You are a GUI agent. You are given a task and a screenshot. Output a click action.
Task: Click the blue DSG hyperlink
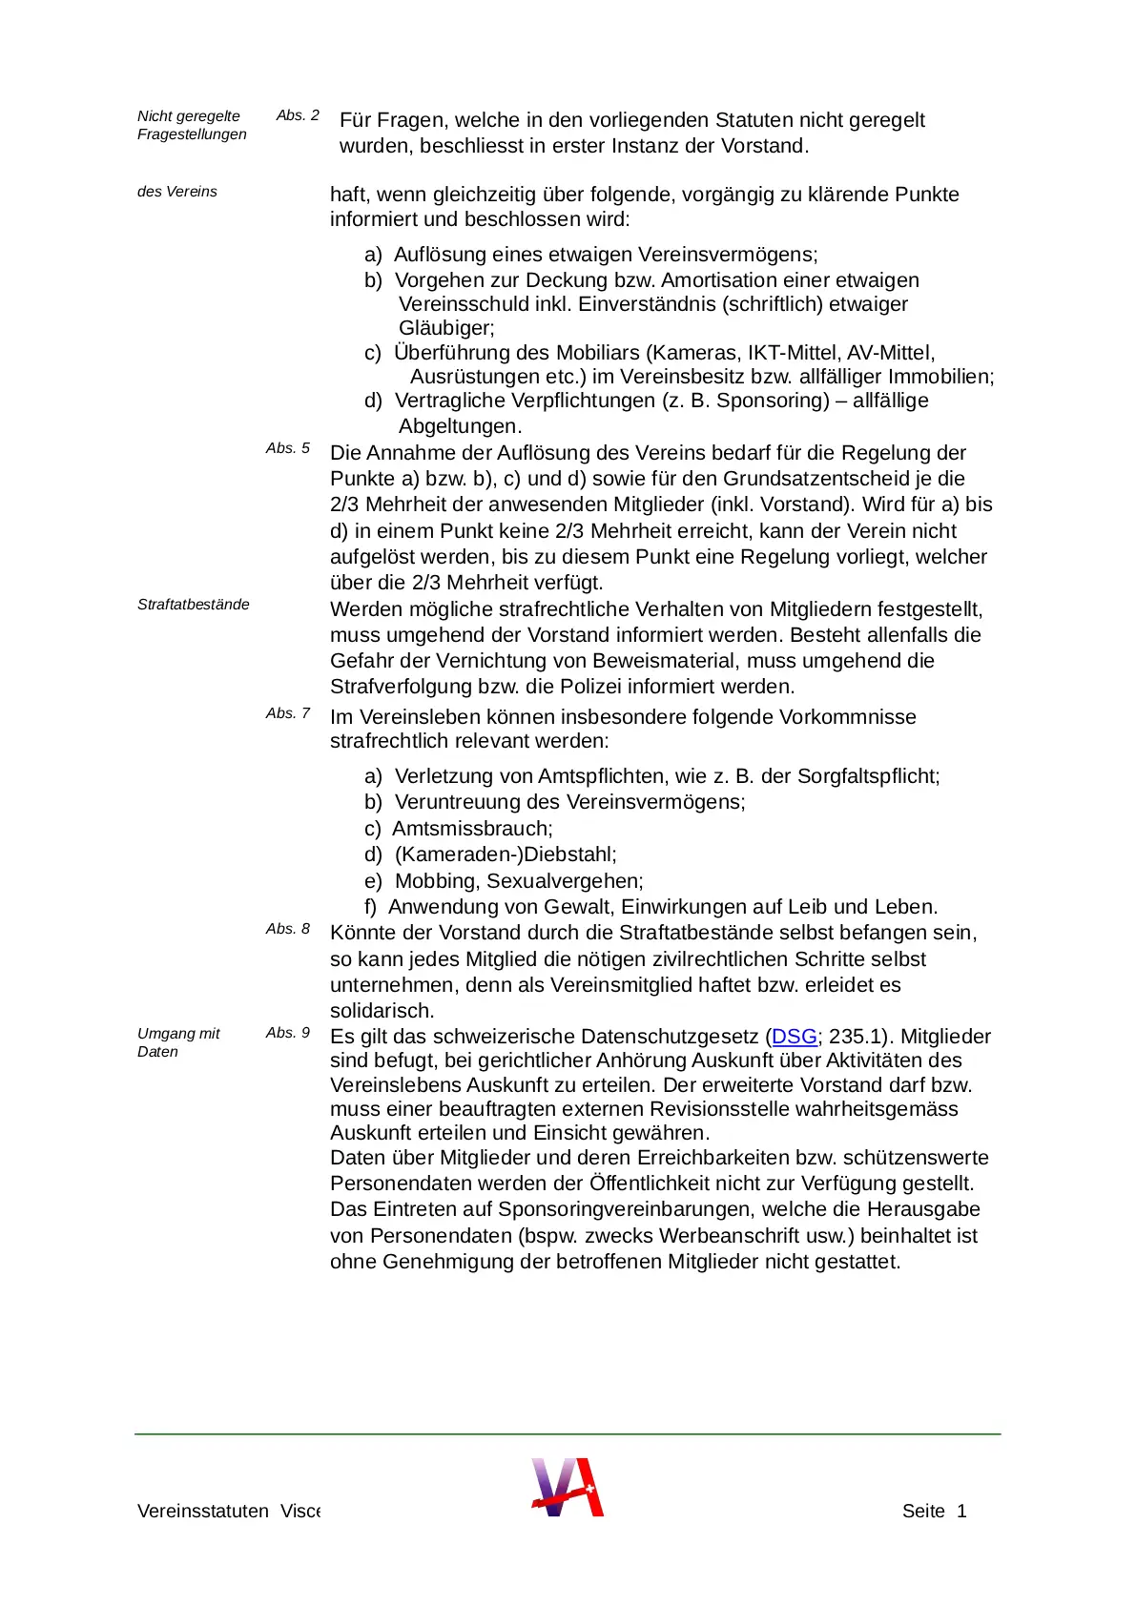pyautogui.click(x=794, y=1037)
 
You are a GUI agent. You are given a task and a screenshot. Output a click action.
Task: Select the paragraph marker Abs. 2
pyautogui.click(x=298, y=115)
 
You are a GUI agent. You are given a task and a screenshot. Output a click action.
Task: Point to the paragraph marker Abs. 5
pyautogui.click(x=288, y=448)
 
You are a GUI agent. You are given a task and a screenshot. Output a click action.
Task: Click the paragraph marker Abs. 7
pyautogui.click(x=288, y=713)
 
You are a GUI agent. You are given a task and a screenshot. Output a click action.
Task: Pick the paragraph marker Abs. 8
pyautogui.click(x=288, y=929)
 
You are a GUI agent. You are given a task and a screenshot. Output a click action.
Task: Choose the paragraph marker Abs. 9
pyautogui.click(x=288, y=1033)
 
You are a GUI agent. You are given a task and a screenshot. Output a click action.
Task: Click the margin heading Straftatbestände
pyautogui.click(x=194, y=605)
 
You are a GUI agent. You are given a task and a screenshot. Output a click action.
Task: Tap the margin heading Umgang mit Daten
pyautogui.click(x=178, y=1042)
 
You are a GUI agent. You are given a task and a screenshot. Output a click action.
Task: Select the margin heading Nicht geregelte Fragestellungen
pyautogui.click(x=192, y=125)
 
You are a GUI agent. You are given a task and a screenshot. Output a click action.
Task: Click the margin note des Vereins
pyautogui.click(x=177, y=192)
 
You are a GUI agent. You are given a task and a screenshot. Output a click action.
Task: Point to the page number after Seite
pyautogui.click(x=961, y=1512)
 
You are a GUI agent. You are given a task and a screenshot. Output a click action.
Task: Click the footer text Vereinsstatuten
pyautogui.click(x=203, y=1512)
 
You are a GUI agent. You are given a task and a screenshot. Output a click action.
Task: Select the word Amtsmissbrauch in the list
pyautogui.click(x=471, y=829)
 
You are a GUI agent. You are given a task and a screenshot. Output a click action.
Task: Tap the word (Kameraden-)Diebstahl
pyautogui.click(x=506, y=854)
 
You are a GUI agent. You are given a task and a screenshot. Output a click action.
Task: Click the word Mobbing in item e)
pyautogui.click(x=436, y=881)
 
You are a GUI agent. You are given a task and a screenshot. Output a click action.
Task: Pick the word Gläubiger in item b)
pyautogui.click(x=445, y=328)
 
